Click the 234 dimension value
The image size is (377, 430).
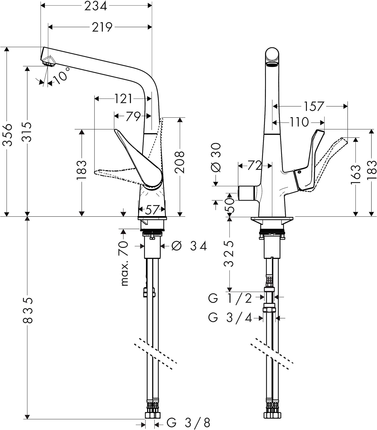(96, 6)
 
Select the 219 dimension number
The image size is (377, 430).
(102, 27)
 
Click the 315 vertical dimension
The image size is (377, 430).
(27, 132)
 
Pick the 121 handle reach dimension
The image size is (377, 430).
(123, 99)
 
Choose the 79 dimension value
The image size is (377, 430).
(133, 116)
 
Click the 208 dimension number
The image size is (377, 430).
(179, 162)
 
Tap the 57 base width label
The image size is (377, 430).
(151, 210)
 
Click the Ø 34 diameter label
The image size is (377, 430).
(189, 246)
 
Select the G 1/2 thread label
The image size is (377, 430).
(230, 298)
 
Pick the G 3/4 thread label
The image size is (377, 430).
(230, 318)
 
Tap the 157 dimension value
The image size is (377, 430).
(314, 106)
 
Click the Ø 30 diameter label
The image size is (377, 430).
(216, 157)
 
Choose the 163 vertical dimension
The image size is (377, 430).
(355, 174)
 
